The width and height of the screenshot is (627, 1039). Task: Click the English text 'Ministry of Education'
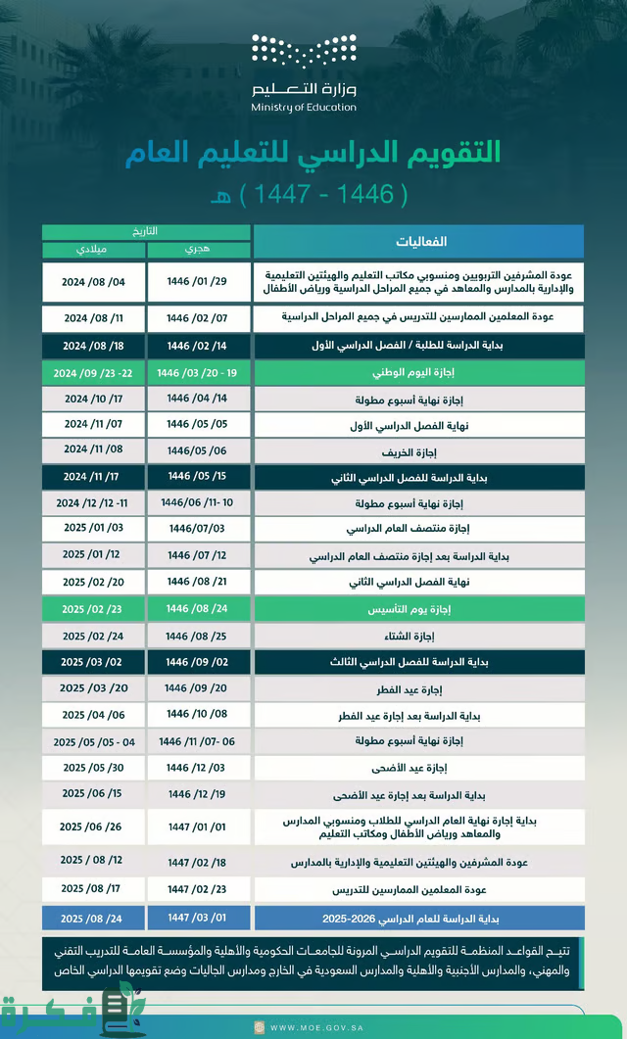(304, 108)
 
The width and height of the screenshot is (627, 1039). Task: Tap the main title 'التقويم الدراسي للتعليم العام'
(313, 153)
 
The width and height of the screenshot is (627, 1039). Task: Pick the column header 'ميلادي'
(93, 250)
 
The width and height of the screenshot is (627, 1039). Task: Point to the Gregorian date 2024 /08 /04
(94, 282)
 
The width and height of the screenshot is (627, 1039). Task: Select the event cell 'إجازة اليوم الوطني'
(418, 374)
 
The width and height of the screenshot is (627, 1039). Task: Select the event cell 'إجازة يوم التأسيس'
(418, 609)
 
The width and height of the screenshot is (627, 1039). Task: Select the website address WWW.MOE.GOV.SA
(313, 1027)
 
